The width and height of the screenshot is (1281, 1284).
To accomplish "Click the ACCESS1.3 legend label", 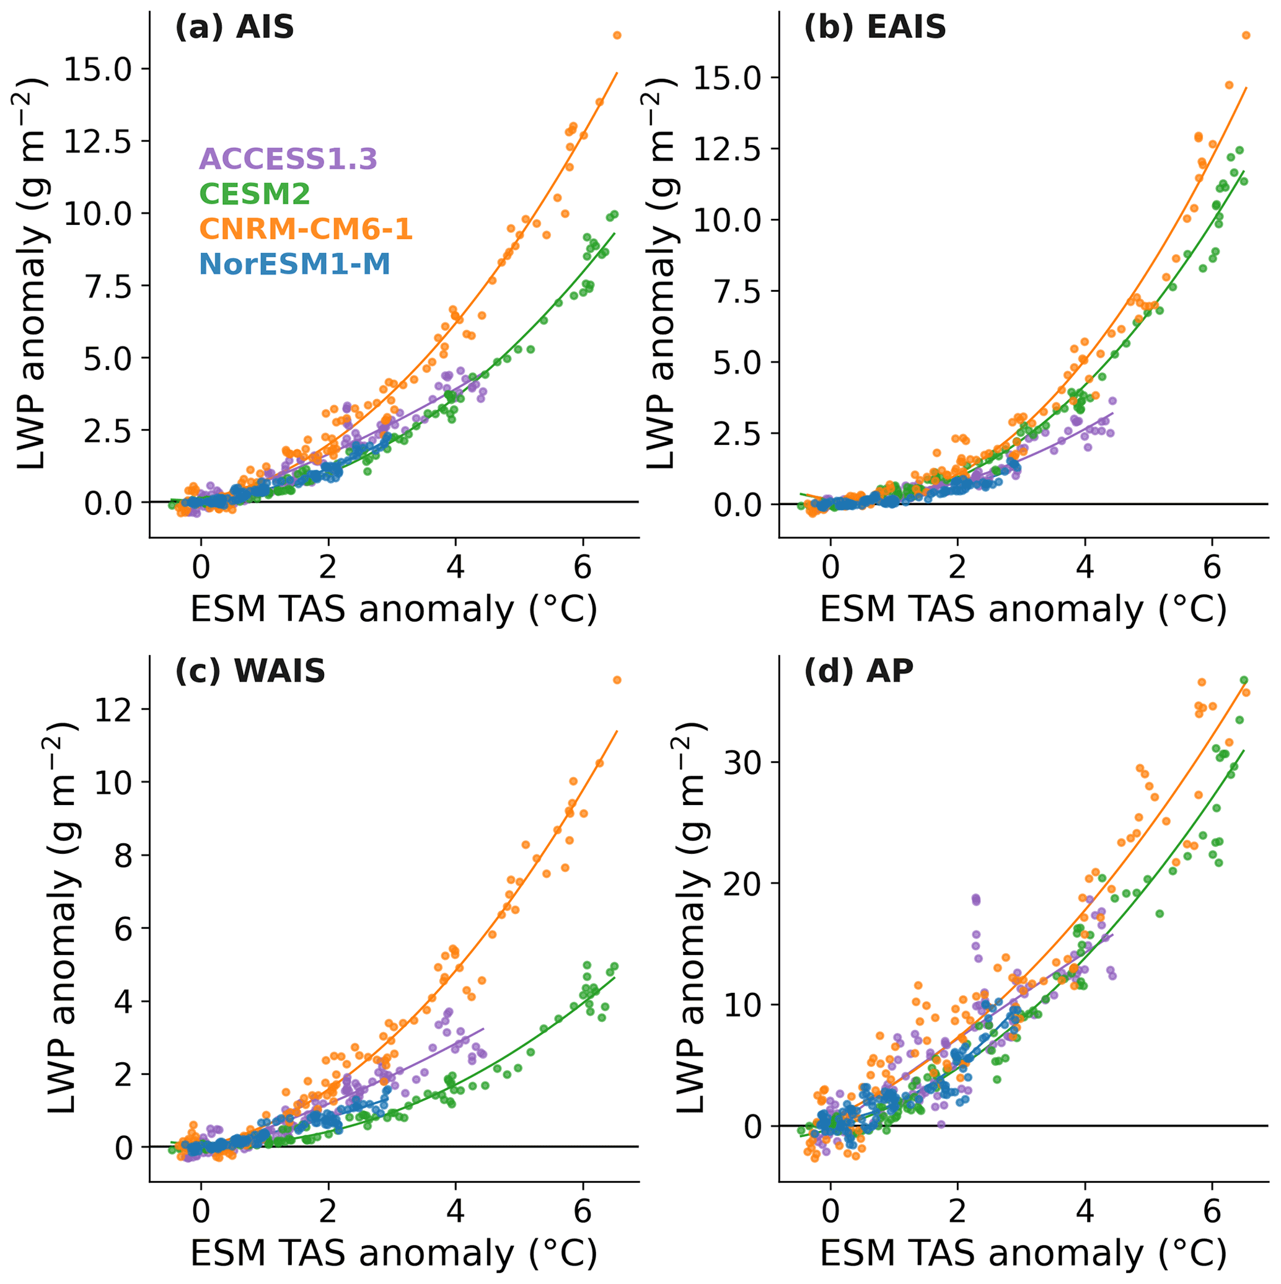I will tap(288, 159).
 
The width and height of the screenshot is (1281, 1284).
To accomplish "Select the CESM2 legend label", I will tap(255, 194).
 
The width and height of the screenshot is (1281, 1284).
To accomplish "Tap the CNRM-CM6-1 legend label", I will tap(306, 229).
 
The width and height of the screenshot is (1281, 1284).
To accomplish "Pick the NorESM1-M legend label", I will tap(294, 265).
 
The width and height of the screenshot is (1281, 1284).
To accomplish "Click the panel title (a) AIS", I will tap(234, 28).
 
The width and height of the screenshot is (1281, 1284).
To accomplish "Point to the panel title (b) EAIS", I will tap(875, 28).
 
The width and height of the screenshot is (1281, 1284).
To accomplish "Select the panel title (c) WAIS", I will tap(250, 671).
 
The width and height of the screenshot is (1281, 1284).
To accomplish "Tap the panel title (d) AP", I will tap(858, 671).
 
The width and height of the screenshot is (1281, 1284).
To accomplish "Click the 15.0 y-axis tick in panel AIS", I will tap(97, 69).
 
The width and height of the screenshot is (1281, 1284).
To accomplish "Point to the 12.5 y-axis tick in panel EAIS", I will tap(726, 149).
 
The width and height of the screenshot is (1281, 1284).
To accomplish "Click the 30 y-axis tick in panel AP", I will tap(742, 763).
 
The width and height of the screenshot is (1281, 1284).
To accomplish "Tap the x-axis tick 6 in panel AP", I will tap(1212, 1212).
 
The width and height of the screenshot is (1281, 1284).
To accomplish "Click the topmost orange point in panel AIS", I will tap(617, 35).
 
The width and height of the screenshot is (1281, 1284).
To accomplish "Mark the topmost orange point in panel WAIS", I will tap(617, 680).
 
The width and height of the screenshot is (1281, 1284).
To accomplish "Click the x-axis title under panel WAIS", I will tap(394, 1254).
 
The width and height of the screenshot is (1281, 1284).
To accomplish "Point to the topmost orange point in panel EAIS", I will tap(1246, 35).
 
